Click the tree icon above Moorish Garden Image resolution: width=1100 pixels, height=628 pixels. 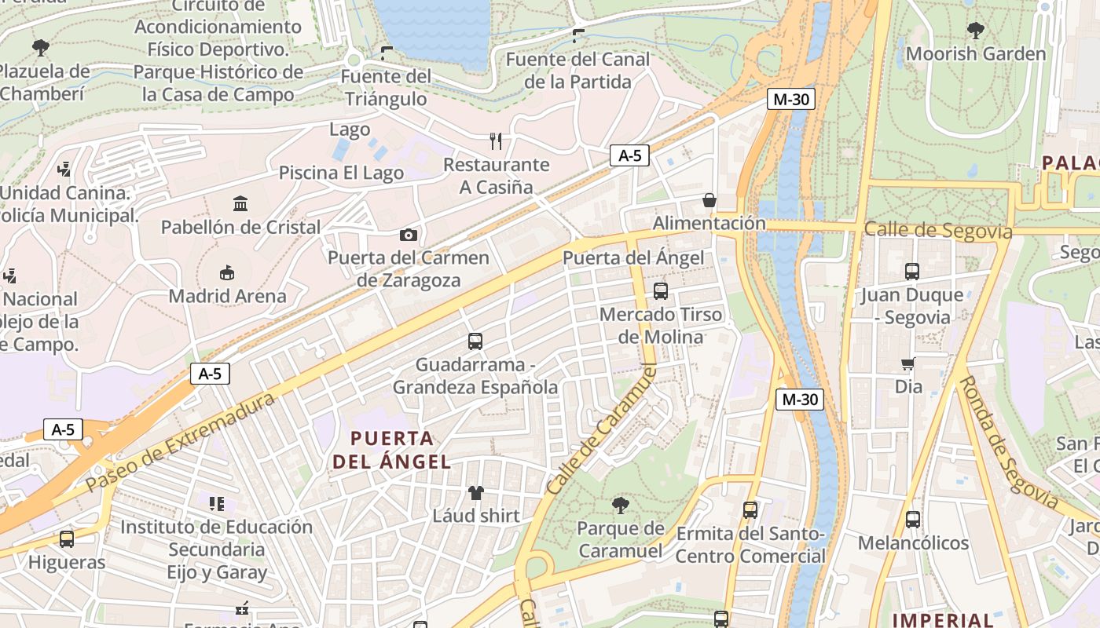coord(976,31)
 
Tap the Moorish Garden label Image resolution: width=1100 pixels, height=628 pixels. coord(976,54)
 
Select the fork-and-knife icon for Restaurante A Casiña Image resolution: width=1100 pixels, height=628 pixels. coord(496,141)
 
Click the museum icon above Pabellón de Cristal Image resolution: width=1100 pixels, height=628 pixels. coord(240,204)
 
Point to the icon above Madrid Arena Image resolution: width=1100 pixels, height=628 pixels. coord(228,273)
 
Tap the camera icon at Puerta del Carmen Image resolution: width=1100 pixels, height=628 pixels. coord(408,235)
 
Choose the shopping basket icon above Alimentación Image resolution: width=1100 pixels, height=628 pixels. coord(709,200)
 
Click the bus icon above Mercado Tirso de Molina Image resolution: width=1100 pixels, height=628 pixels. coord(660,291)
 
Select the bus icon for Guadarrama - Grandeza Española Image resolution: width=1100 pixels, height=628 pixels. coord(475,341)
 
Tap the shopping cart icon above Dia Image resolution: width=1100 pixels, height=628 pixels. coord(908,363)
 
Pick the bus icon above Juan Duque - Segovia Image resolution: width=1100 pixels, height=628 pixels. coord(911,272)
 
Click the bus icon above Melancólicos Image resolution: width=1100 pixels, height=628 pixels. coord(912,520)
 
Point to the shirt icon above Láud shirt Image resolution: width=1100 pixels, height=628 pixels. coord(476,493)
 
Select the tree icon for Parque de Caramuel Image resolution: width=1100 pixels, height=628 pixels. coord(621,505)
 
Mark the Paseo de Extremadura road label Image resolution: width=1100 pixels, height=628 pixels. coord(181,443)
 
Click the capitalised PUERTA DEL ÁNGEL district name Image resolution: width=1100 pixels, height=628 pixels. coord(392,450)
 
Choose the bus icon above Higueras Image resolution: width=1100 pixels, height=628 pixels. coord(67,539)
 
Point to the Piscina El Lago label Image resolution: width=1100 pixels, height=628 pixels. coord(341,173)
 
